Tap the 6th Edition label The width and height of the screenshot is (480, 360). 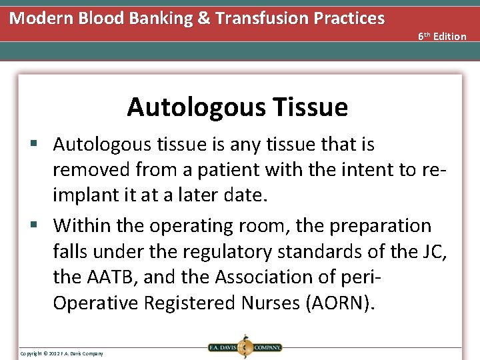[x=442, y=36]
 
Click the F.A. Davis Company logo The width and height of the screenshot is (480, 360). [x=244, y=347]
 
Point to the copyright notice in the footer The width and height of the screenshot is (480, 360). [x=61, y=353]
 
